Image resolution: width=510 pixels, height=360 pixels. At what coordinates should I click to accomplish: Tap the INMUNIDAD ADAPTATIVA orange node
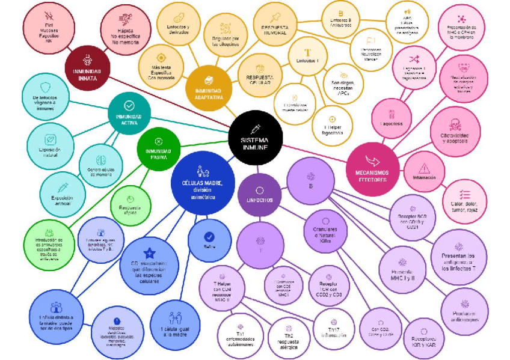[x=208, y=87]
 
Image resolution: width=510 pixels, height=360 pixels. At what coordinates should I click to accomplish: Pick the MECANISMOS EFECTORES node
[x=373, y=169]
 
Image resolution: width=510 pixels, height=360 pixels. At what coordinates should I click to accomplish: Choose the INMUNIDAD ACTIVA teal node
[x=129, y=114]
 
